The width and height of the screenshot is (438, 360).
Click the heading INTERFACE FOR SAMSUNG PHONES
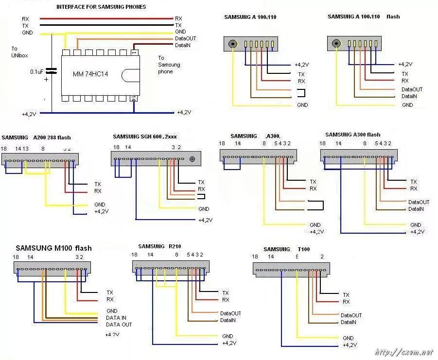[101, 7]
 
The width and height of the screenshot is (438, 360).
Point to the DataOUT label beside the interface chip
[185, 38]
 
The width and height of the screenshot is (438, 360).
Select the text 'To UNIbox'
[16, 52]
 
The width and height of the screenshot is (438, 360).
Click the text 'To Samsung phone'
[169, 65]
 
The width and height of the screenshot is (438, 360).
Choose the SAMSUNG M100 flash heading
[53, 248]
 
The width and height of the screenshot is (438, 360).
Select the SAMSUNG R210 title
[159, 246]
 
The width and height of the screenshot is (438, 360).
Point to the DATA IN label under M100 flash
[116, 318]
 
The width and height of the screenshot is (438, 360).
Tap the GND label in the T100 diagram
[348, 338]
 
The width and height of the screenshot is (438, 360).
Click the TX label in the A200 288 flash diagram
[98, 184]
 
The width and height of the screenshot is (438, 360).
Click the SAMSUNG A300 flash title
[352, 135]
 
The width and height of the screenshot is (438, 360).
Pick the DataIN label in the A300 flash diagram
[416, 209]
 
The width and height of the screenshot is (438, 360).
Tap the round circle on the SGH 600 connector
[193, 159]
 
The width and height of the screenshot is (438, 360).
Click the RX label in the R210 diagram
[226, 300]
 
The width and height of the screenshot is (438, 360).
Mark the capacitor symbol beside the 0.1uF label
[51, 72]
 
